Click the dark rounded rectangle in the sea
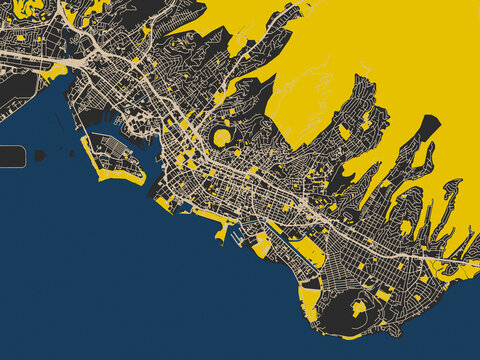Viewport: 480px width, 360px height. point(11,156)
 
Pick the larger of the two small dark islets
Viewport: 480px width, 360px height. point(40,155)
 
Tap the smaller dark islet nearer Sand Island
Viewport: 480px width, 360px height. point(71,152)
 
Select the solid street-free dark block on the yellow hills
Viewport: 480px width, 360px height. point(428,127)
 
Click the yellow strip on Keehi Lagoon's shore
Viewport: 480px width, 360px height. point(56,72)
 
